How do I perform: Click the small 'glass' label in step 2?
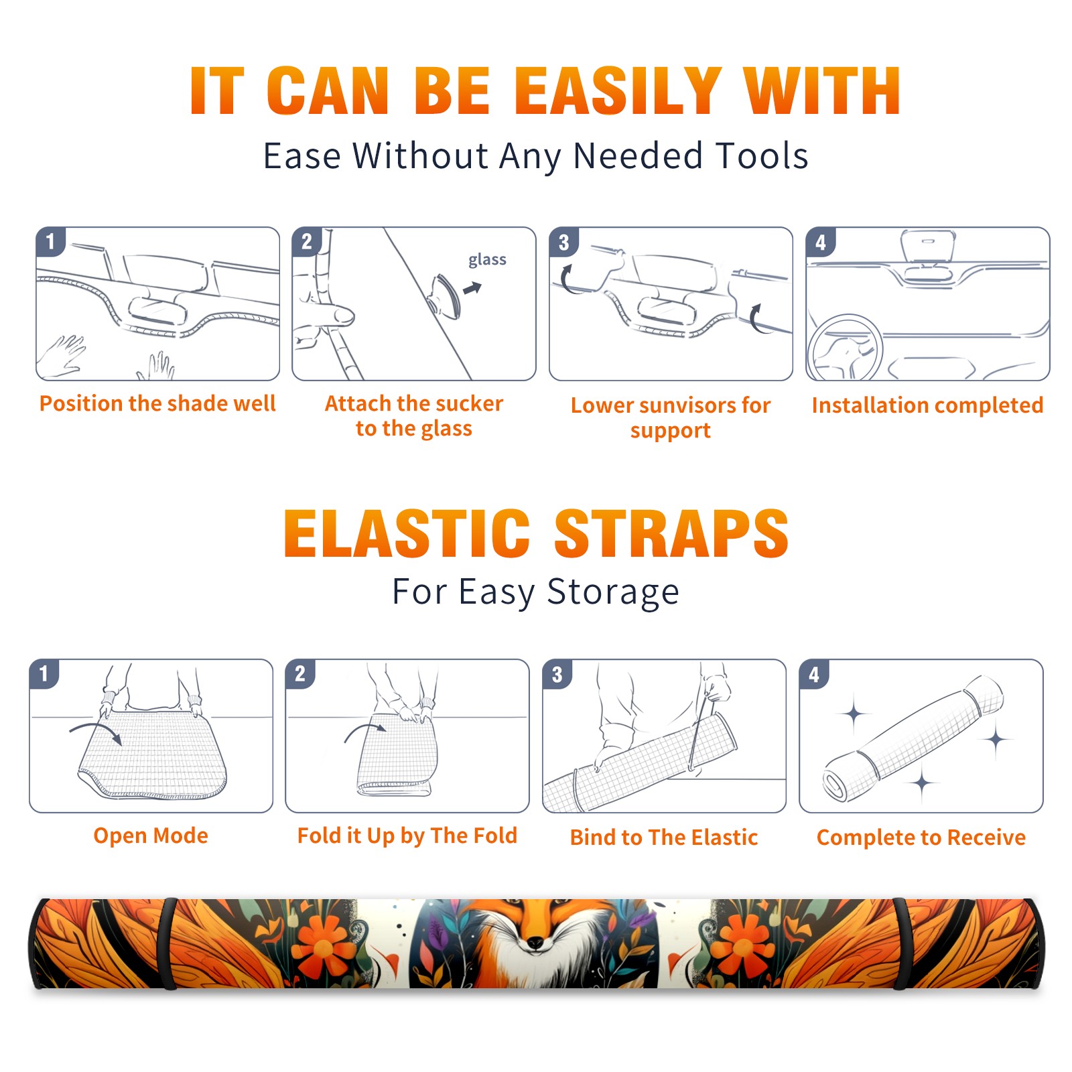487,260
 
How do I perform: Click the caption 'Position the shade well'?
157,403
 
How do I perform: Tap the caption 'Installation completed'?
927,405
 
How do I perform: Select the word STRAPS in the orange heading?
671,533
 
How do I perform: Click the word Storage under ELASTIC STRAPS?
613,592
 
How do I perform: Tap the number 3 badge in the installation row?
563,242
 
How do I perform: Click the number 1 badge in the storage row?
44,674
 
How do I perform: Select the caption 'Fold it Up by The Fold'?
407,835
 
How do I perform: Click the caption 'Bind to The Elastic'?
664,837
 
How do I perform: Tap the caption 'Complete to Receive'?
921,837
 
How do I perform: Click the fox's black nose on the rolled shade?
535,943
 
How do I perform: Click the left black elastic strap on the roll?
169,943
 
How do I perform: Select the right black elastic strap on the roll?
902,943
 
